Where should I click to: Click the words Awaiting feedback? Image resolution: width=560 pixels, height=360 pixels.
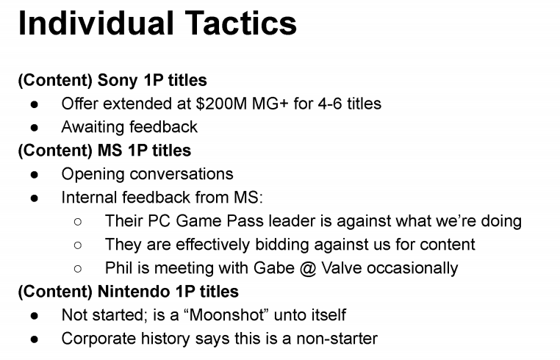tap(129, 126)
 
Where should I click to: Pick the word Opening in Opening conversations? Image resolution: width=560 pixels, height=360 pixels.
tap(91, 173)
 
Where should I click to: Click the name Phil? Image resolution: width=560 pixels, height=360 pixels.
tap(118, 267)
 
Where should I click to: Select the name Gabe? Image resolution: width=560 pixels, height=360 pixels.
tap(276, 267)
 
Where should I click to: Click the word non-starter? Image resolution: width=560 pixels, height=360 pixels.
tap(334, 338)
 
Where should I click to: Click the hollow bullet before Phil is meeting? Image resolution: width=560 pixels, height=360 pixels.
tap(79, 268)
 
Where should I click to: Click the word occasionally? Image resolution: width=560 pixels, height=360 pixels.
tap(414, 267)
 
